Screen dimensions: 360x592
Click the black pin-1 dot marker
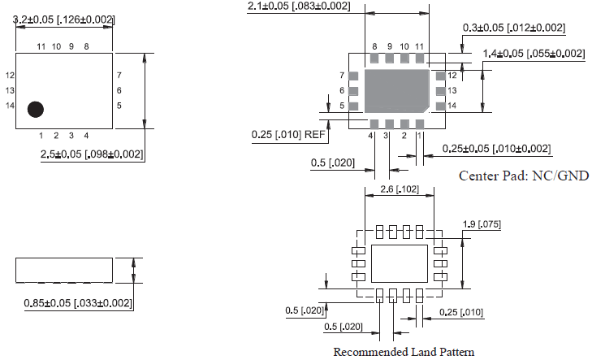(x=36, y=108)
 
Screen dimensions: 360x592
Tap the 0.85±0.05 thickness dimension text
(x=78, y=303)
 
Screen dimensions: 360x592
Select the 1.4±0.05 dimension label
(x=534, y=54)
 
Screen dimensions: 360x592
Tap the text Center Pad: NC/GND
(x=523, y=176)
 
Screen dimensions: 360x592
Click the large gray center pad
(x=397, y=90)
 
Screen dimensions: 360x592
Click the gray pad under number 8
(x=374, y=59)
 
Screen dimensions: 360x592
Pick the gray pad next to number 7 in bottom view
(x=353, y=76)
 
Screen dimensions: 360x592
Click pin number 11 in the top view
(x=41, y=47)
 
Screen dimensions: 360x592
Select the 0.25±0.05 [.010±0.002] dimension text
(x=496, y=149)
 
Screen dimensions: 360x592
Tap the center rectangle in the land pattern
(x=398, y=262)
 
